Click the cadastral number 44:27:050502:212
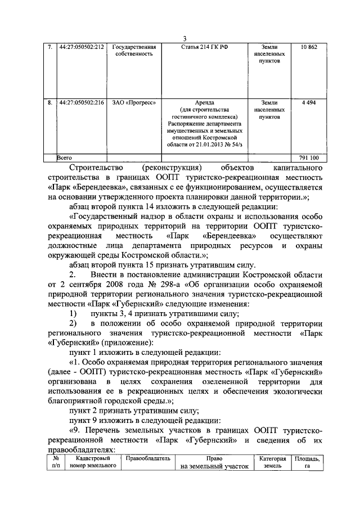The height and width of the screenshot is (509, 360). coord(82,47)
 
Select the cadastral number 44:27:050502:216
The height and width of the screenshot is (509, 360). coord(82,103)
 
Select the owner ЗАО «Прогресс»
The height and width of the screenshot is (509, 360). coord(134,103)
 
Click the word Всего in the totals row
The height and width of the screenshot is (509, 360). coord(66,159)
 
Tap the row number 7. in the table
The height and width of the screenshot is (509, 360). coord(50,47)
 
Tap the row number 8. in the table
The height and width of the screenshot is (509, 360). coord(50,103)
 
